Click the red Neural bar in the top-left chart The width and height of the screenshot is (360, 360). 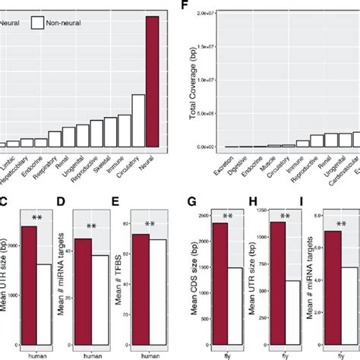tap(153, 81)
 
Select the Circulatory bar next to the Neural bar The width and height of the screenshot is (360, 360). tap(138, 120)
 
